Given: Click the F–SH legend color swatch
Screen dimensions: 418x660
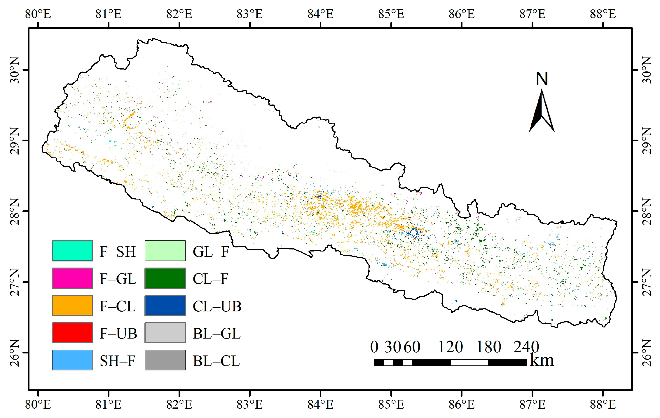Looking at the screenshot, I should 72,251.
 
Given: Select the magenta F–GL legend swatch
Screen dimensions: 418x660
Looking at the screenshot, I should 72,278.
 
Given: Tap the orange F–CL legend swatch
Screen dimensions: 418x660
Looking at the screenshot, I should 72,305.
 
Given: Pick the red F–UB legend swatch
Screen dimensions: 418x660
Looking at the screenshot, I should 72,333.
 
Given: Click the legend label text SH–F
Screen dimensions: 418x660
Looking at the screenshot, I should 117,361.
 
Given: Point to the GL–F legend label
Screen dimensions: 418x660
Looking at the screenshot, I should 211,252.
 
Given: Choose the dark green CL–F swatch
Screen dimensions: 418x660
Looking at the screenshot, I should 165,278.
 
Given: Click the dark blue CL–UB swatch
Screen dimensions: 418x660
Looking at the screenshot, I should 165,305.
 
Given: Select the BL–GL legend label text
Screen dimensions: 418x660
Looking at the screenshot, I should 216,333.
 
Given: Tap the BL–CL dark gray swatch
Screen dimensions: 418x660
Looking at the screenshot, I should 165,360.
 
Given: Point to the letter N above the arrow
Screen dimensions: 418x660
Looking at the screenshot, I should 542,79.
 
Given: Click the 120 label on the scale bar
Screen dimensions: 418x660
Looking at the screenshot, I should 451,347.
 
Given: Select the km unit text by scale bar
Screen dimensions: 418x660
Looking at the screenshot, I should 542,360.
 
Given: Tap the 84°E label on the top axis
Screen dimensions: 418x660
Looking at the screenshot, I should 320,14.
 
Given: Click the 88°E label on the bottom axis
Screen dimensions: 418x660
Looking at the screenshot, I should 603,405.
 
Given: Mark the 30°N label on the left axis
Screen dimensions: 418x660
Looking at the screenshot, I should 15,70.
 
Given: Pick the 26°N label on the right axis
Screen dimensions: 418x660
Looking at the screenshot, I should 647,353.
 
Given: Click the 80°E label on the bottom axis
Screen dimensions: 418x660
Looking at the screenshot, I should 38,405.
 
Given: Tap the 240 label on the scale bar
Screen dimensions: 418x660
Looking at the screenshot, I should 526,347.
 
